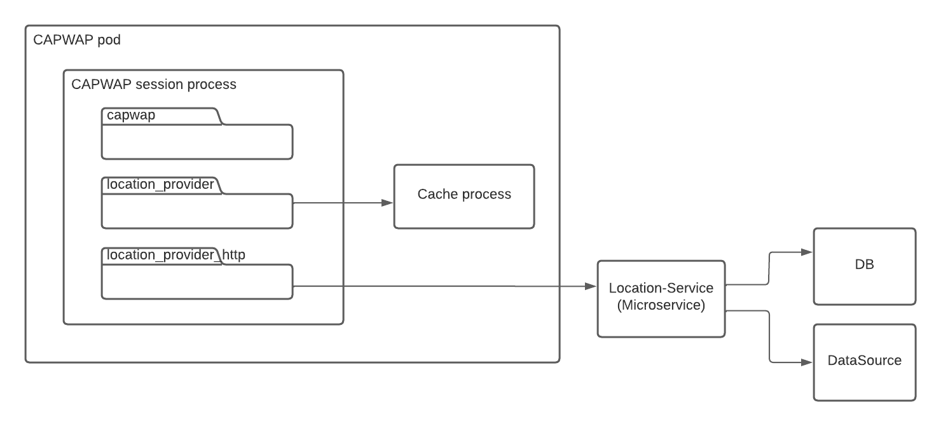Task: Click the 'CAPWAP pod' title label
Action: (x=76, y=40)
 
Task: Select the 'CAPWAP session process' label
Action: (x=154, y=85)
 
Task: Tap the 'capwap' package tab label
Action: (x=131, y=116)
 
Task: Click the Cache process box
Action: (x=464, y=196)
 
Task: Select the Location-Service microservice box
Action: (x=661, y=298)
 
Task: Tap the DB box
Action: (x=865, y=265)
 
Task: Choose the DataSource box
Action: (x=865, y=362)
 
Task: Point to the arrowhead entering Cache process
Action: (x=387, y=203)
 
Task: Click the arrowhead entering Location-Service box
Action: (x=591, y=287)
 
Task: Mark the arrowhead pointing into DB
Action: (x=807, y=252)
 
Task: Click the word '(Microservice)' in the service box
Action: (x=661, y=305)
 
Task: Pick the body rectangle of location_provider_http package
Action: (x=197, y=281)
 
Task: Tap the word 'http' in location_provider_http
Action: (x=233, y=255)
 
